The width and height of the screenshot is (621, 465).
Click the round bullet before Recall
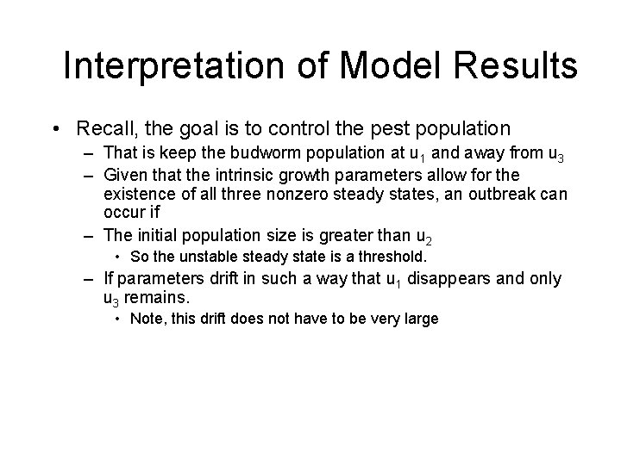tap(54, 129)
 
